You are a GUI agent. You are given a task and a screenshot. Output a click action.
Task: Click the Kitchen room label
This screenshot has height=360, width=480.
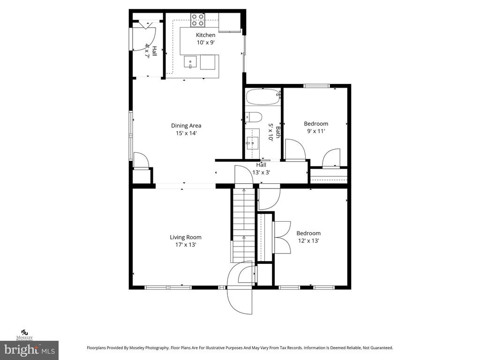(205, 35)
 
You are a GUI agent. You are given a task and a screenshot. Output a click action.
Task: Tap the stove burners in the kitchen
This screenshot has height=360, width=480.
(197, 19)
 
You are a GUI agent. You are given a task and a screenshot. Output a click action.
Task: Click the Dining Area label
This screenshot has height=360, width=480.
(186, 126)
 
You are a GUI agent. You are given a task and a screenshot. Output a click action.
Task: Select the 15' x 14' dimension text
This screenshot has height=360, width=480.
(186, 133)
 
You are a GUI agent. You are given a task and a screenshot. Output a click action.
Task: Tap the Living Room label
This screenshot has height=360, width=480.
(186, 237)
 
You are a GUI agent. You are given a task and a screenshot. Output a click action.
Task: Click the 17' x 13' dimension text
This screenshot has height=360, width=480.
(186, 245)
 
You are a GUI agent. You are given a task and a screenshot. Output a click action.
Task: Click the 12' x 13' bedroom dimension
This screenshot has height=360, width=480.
(308, 241)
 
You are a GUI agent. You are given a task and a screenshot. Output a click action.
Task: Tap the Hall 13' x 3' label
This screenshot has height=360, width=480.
(261, 169)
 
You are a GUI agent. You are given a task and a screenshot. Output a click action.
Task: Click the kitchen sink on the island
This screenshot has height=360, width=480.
(191, 61)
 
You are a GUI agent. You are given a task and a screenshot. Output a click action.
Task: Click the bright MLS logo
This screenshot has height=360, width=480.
(29, 350)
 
